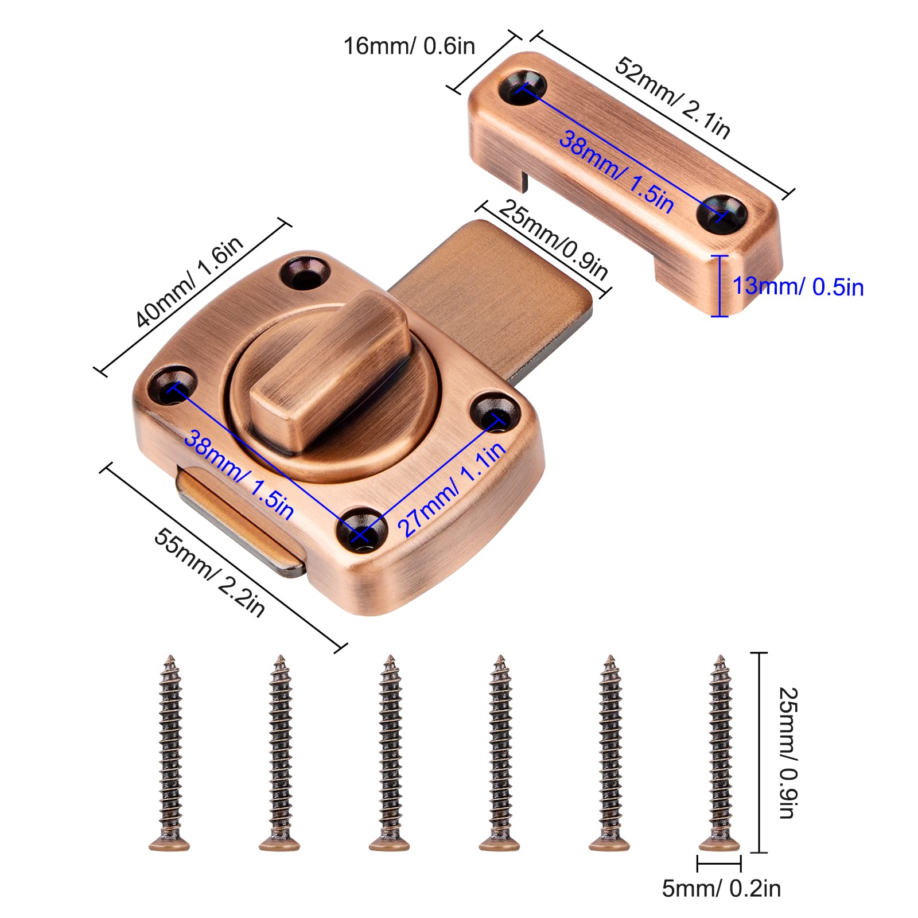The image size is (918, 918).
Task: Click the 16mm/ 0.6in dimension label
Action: coord(409,46)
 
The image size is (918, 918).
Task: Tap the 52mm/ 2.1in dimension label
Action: coord(672,98)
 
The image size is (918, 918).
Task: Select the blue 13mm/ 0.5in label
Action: coord(798,286)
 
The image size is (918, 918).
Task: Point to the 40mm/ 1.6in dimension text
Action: coord(190,281)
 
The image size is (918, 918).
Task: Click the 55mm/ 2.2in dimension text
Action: coord(209,572)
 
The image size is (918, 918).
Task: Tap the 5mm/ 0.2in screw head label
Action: coord(721,888)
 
